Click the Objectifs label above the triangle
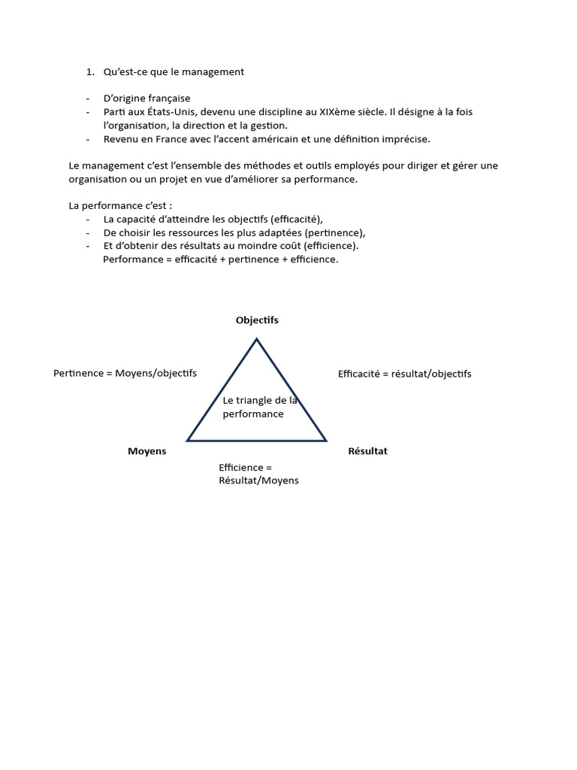[257, 320]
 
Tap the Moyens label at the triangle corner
[147, 451]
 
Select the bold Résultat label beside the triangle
[367, 451]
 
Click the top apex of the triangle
[257, 340]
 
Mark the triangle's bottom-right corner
[325, 440]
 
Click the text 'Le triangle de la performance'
[260, 407]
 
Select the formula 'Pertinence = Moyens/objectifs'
[125, 373]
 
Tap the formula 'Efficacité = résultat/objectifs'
[404, 374]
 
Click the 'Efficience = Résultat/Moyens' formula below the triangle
[258, 474]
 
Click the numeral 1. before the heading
[89, 72]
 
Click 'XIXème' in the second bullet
[337, 112]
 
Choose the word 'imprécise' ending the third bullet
[406, 139]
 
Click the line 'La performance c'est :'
[120, 205]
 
